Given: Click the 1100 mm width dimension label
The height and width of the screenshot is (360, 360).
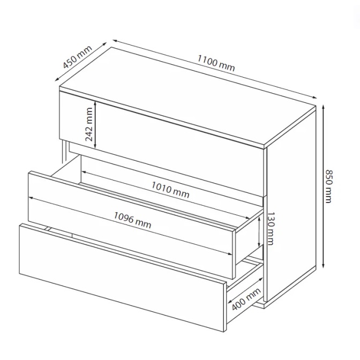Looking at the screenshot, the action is tap(216, 63).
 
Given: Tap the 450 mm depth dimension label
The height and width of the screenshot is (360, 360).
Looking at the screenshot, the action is tap(77, 57).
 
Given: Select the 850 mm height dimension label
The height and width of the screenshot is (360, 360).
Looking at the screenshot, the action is tap(329, 186).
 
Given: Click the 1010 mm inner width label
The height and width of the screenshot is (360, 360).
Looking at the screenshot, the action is tap(170, 190).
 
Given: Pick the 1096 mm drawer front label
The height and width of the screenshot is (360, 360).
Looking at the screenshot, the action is tap(132, 220).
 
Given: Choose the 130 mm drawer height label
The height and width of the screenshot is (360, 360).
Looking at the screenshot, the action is tap(271, 228).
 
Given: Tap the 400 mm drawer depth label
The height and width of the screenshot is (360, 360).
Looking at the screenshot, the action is tap(246, 299).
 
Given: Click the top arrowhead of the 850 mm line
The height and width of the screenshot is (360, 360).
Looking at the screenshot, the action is tap(323, 107).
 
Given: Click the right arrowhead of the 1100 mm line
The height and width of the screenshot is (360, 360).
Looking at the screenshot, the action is tap(315, 97).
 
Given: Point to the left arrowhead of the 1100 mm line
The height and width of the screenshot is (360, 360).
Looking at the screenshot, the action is tap(115, 41).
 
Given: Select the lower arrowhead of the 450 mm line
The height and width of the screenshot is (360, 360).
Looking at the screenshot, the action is tap(57, 80).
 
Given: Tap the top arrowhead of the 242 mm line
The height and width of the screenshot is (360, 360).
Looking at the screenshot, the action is tap(95, 103).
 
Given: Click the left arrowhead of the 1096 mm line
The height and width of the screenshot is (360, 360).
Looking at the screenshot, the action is tap(30, 198).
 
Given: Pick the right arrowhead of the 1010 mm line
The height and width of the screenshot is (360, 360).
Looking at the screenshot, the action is tap(247, 217).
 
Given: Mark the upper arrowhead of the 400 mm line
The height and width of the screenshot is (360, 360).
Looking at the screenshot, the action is tap(261, 279).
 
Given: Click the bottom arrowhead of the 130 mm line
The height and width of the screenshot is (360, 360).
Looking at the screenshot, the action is tap(259, 245).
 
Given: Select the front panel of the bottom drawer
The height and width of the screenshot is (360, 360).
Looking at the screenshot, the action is tap(122, 278).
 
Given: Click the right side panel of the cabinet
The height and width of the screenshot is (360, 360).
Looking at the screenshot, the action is tap(291, 204).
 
